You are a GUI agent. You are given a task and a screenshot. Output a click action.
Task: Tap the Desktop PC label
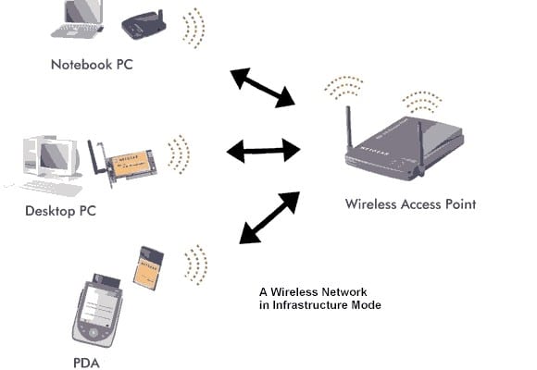tap(61, 211)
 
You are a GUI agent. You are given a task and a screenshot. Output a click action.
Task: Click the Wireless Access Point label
tap(410, 203)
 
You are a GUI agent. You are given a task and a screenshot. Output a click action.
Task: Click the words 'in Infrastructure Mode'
tap(319, 305)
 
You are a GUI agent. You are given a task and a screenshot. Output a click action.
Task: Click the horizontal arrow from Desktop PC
tap(263, 149)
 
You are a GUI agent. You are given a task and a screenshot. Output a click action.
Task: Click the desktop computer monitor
tap(46, 158)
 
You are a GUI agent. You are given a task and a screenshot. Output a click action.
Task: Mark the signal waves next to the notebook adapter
tap(194, 29)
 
